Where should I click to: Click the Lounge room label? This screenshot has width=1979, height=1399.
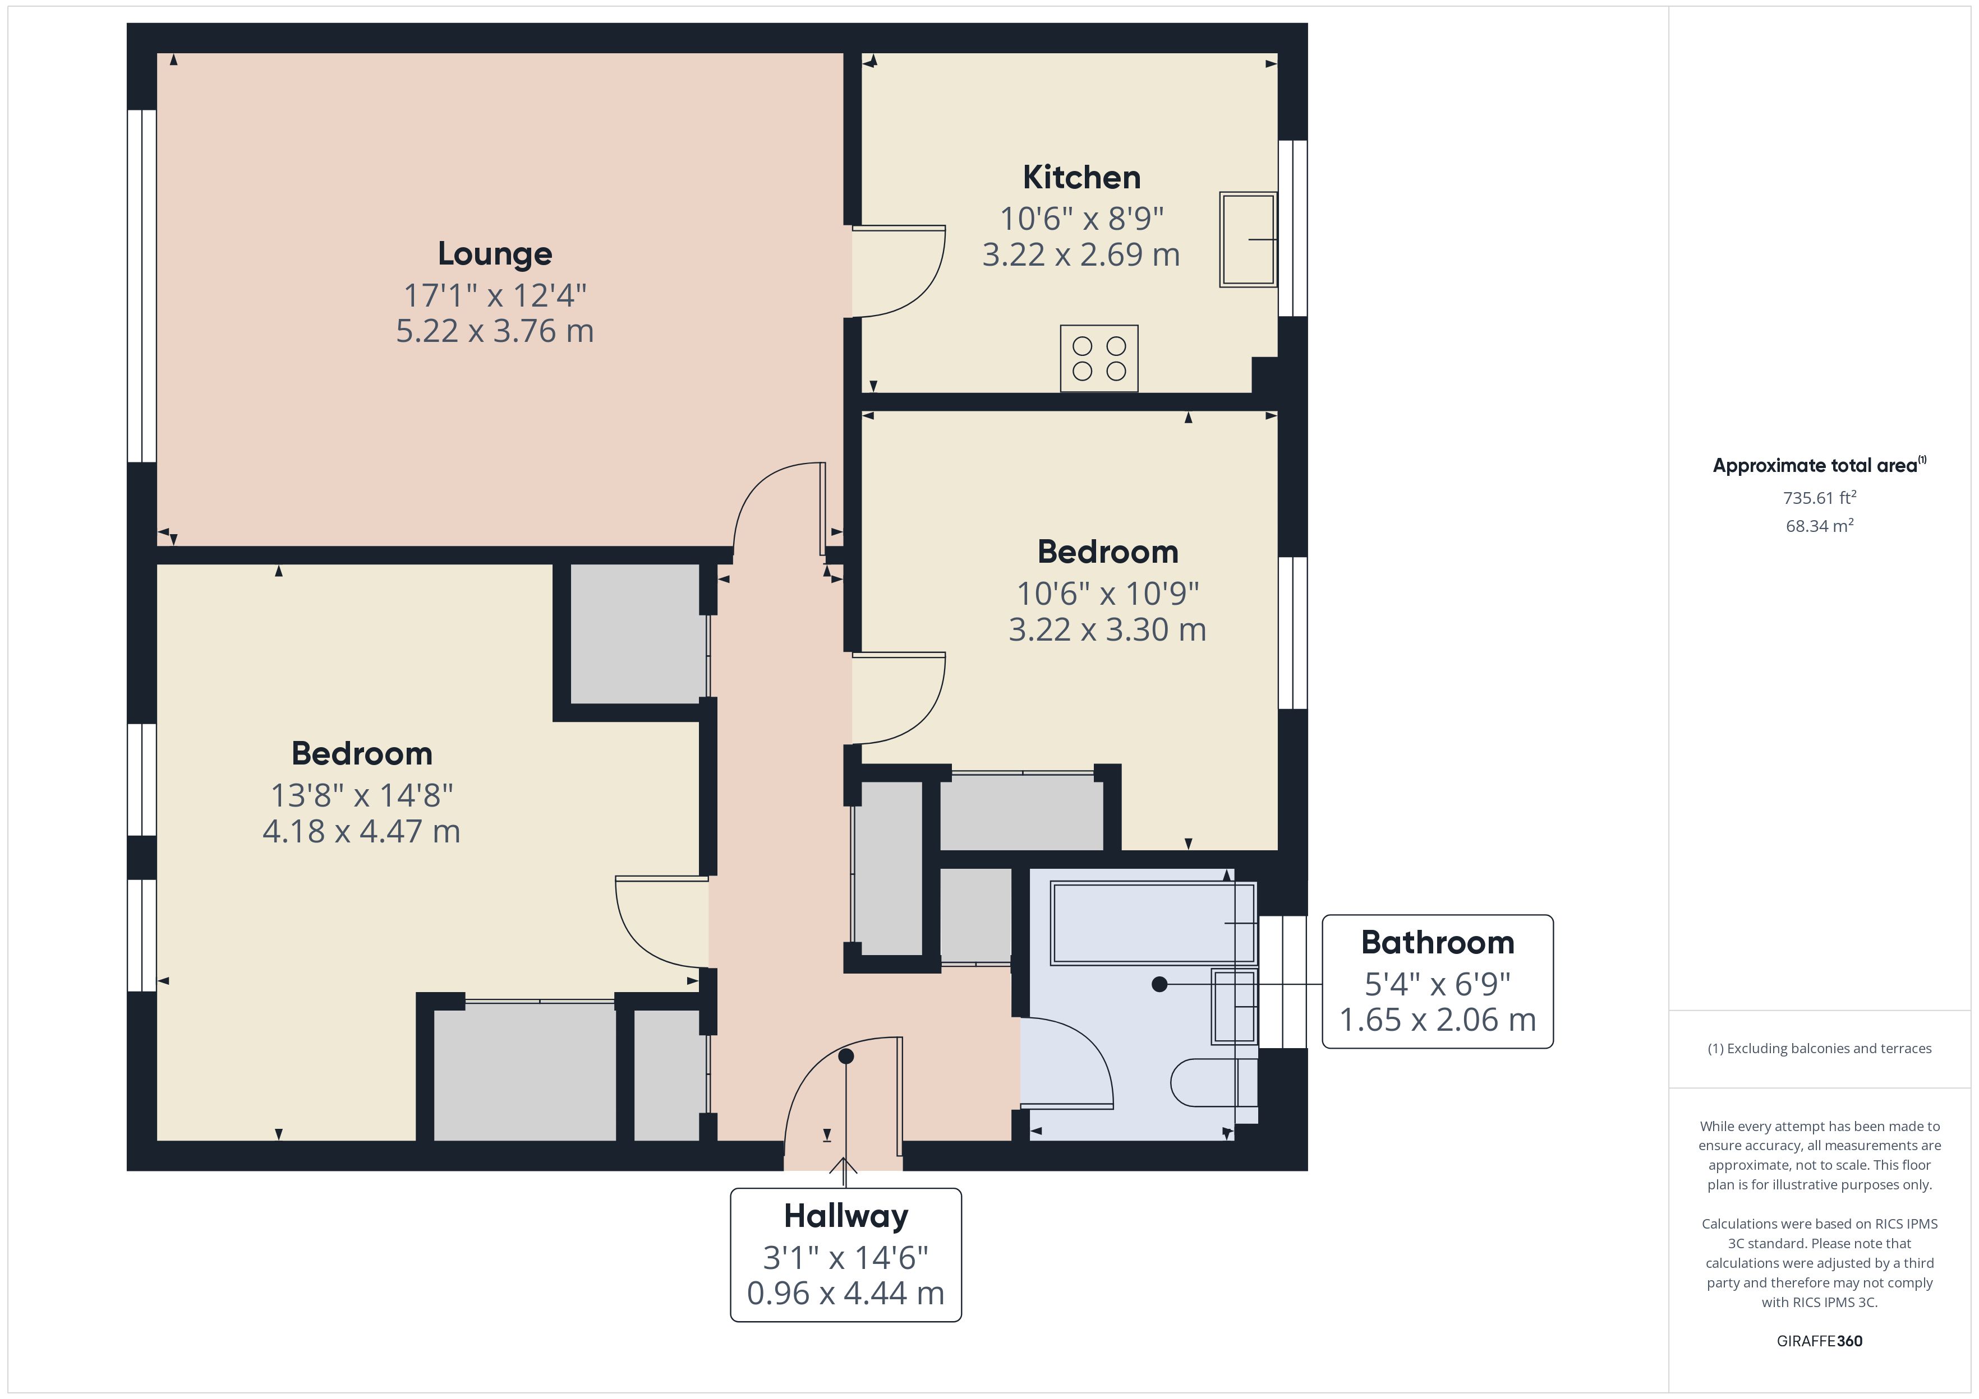pyautogui.click(x=495, y=253)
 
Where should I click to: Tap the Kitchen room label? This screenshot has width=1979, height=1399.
pyautogui.click(x=1081, y=178)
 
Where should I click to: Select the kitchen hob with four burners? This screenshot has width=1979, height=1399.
pyautogui.click(x=1099, y=358)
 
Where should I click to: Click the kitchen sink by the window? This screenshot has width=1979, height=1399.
pyautogui.click(x=1247, y=239)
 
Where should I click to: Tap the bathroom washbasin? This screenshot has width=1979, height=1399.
pyautogui.click(x=1234, y=1006)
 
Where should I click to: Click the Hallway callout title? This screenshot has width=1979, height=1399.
pyautogui.click(x=845, y=1216)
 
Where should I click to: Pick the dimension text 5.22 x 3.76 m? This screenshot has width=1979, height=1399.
pyautogui.click(x=495, y=331)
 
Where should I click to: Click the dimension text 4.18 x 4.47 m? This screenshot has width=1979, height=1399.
pyautogui.click(x=361, y=831)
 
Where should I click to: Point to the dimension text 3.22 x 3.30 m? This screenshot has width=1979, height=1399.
pyautogui.click(x=1108, y=630)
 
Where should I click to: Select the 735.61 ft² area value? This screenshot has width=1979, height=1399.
pyautogui.click(x=1820, y=498)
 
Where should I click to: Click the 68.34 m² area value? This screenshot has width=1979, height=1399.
pyautogui.click(x=1820, y=526)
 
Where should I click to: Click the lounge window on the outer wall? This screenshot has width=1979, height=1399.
pyautogui.click(x=141, y=286)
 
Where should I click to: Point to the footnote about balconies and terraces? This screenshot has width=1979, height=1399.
pyautogui.click(x=1820, y=1048)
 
